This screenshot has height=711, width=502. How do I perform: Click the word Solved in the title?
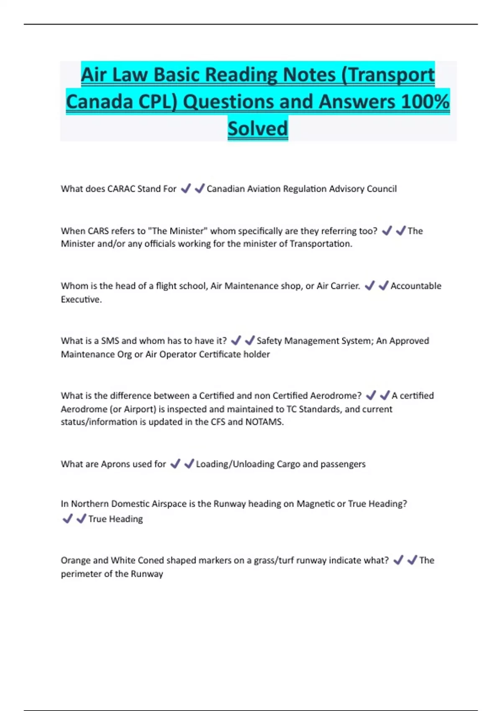[x=258, y=128]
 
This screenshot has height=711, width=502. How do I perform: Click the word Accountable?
[x=416, y=286]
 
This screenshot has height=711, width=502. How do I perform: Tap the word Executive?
[x=81, y=299]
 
